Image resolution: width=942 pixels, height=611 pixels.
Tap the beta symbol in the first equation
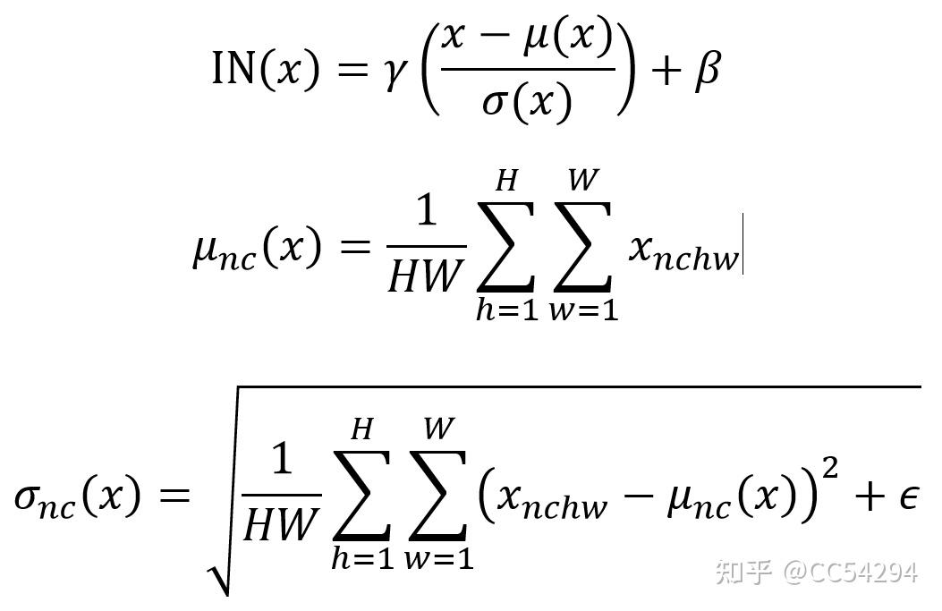[x=707, y=70]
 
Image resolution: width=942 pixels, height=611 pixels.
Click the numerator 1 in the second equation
[x=426, y=211]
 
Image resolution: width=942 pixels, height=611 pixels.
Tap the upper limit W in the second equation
[x=583, y=180]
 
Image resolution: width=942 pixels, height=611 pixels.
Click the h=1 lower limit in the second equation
[x=506, y=310]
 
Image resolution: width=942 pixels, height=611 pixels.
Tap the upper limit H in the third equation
[x=361, y=429]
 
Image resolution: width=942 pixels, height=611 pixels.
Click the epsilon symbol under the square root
[x=908, y=497]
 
